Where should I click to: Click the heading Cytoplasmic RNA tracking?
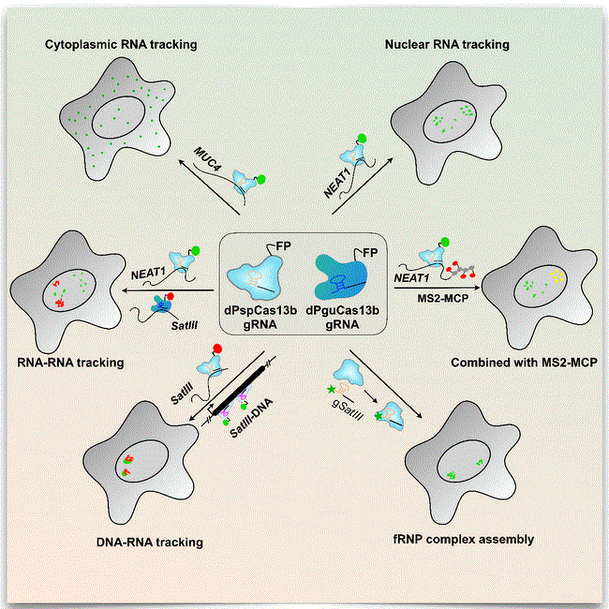pos(121,45)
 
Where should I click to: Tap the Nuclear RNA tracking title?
pos(447,45)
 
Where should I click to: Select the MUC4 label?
pos(208,159)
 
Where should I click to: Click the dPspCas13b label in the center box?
pos(260,311)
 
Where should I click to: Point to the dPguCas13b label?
pos(343,311)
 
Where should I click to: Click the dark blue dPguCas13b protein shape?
pos(342,277)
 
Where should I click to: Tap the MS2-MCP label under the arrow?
pos(443,298)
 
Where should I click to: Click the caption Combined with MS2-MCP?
pos(524,363)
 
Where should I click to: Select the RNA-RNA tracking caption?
pos(70,363)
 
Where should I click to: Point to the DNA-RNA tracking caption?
pos(150,542)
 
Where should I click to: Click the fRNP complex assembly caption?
pos(464,540)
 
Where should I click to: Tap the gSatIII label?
pos(348,409)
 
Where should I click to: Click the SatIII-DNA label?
pos(251,418)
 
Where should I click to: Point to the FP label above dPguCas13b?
pos(370,253)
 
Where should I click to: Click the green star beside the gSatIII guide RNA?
pos(332,389)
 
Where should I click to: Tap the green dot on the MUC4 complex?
pos(261,180)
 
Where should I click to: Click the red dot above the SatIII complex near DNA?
pos(217,348)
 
